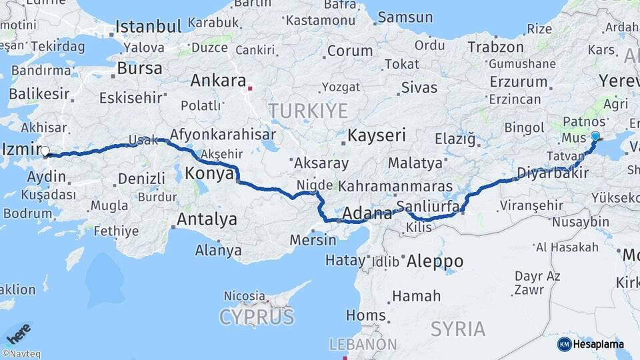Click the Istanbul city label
148,27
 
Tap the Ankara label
218,81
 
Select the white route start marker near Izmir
45,151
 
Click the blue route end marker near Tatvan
595,136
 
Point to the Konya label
208,173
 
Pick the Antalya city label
207,219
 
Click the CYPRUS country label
257,316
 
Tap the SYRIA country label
458,328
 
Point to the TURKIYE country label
308,110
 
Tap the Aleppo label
434,260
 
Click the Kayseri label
377,135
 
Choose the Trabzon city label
495,47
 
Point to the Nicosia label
245,295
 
